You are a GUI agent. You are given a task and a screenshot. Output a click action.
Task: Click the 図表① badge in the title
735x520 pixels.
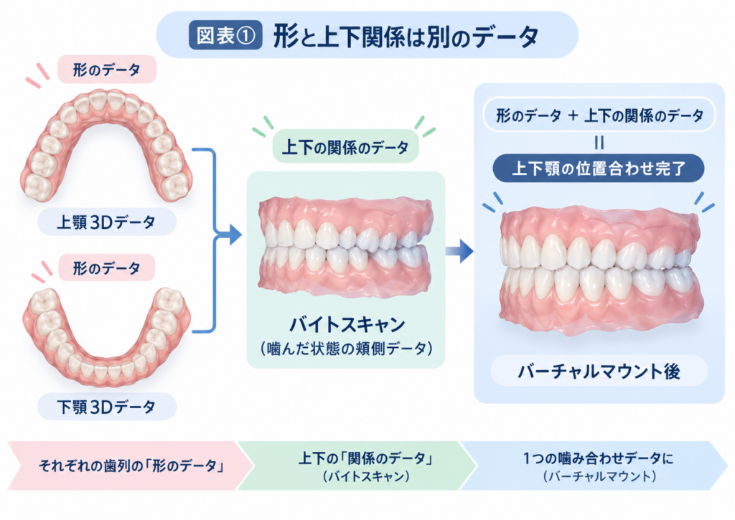point(225,36)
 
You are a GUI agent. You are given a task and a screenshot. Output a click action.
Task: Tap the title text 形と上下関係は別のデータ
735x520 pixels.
point(406,37)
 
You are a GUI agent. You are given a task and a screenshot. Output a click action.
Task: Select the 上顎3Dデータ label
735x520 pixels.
point(106,222)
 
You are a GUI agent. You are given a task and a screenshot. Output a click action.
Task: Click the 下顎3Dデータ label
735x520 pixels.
point(106,407)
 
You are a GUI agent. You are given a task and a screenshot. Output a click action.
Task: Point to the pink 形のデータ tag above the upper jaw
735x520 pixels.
point(107,70)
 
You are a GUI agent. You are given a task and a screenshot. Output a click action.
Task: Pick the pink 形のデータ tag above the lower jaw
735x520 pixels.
point(107,268)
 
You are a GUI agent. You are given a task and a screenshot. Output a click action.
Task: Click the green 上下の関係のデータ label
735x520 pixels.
point(345,147)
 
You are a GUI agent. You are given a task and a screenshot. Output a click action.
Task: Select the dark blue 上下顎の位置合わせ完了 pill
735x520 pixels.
point(599,168)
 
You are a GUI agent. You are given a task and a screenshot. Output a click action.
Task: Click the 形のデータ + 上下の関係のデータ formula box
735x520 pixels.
point(599,115)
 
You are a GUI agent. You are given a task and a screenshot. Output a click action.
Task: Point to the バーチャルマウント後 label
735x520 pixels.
point(599,371)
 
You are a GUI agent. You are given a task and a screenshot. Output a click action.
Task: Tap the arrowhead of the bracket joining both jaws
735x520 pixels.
point(235,235)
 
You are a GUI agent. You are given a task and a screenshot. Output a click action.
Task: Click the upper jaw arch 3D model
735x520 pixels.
point(106,145)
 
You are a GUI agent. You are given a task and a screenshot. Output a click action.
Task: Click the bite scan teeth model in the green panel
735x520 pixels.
point(345,248)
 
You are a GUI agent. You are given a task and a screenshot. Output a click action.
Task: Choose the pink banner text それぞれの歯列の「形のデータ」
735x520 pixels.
point(132,465)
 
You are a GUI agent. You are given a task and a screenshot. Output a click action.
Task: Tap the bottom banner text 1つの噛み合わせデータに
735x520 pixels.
point(598,458)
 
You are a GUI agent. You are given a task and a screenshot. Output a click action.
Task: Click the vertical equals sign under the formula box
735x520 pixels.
point(599,143)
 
